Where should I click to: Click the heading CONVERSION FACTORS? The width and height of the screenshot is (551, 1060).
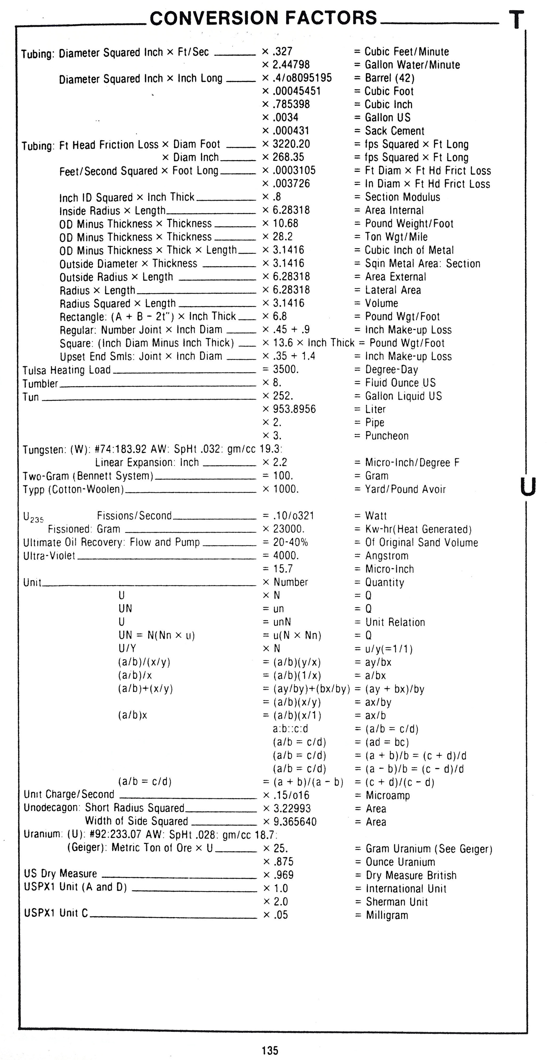263,18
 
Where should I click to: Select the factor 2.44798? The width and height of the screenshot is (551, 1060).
291,65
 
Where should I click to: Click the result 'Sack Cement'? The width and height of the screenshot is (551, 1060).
394,131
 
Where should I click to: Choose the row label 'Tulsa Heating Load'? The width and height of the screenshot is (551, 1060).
67,370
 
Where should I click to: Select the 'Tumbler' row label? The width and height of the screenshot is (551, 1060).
40,384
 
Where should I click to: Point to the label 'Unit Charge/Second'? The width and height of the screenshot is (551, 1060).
69,794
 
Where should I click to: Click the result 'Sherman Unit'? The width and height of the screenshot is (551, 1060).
397,902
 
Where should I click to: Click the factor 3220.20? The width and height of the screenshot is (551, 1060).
291,144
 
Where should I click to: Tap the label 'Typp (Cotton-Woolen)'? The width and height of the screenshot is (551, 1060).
73,489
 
